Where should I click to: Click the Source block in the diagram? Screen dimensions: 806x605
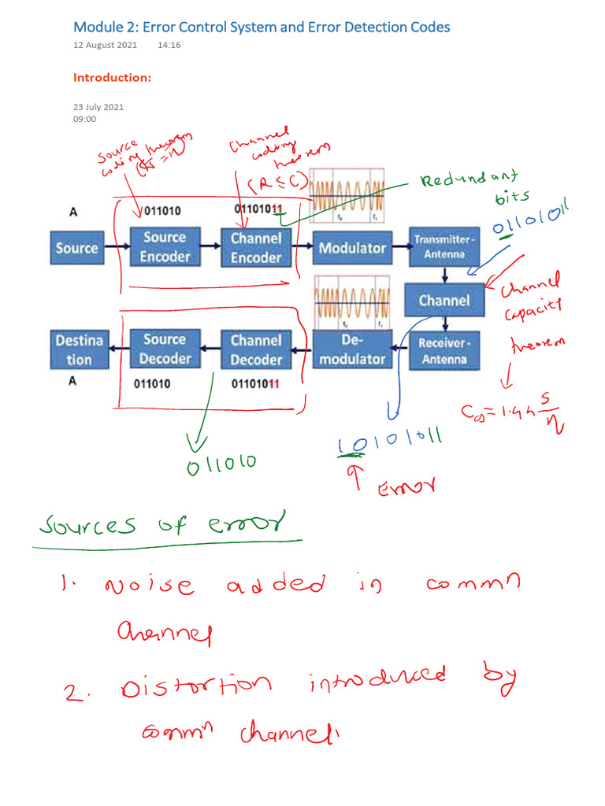(76, 248)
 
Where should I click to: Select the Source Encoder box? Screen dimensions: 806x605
(165, 247)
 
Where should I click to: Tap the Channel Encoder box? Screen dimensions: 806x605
(256, 247)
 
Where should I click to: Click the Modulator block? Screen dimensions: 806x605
(352, 248)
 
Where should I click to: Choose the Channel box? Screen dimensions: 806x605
(444, 300)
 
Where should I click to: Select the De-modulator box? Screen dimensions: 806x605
(352, 349)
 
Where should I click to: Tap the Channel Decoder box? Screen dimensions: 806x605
(256, 350)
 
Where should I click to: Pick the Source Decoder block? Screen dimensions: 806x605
(165, 349)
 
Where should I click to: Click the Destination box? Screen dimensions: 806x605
(79, 349)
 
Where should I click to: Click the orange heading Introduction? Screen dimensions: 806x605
(112, 78)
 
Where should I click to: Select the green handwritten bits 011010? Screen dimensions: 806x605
(221, 465)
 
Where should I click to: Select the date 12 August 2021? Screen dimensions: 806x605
(105, 46)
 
